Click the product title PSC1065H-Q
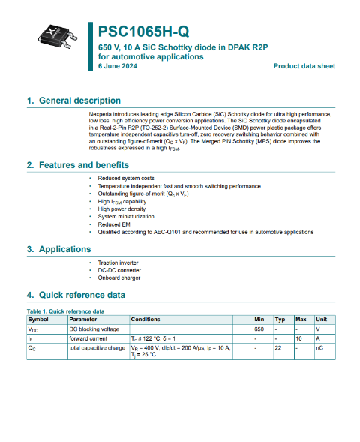[x=143, y=32]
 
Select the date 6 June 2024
[x=118, y=66]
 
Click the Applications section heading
[x=64, y=249]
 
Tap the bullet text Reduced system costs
[x=126, y=178]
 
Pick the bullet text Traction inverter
[x=118, y=263]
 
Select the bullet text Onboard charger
[x=118, y=278]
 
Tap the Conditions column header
[x=145, y=320]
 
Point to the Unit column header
[x=321, y=320]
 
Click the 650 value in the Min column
[x=259, y=329]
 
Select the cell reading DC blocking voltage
[x=94, y=329]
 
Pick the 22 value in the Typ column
[x=277, y=348]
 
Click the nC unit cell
[x=319, y=348]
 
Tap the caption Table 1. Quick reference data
[x=65, y=311]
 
